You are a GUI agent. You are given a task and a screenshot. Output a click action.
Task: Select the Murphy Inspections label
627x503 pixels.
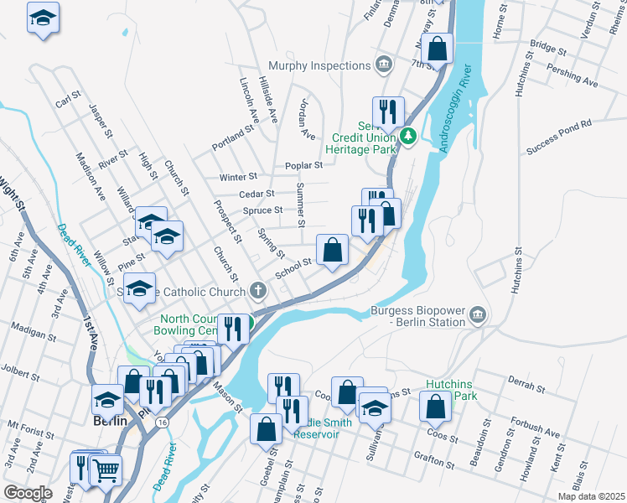click(319, 65)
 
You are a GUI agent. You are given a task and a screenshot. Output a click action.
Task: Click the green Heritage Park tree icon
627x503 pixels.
click(408, 135)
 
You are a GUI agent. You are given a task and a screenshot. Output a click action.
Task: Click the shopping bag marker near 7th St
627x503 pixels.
click(437, 49)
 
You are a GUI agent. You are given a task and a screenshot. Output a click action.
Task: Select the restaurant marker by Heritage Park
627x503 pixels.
click(388, 111)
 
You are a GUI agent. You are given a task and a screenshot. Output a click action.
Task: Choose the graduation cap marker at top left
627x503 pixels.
click(44, 18)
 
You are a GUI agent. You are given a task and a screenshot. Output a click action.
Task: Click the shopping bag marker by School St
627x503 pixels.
click(333, 250)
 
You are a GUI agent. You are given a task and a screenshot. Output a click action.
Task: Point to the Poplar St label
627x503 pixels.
click(304, 166)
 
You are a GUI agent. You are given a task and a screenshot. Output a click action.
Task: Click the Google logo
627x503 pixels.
click(28, 493)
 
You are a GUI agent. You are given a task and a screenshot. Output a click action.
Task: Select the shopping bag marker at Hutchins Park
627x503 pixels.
click(436, 407)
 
